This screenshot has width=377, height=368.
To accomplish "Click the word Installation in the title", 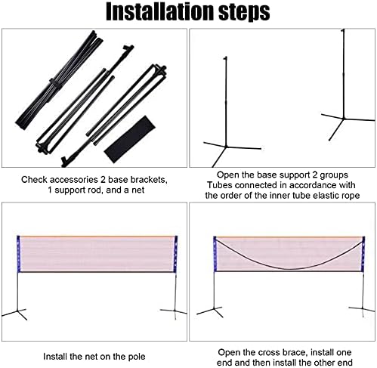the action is pyautogui.click(x=160, y=12).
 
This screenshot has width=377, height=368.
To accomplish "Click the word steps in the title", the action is pyautogui.click(x=245, y=13).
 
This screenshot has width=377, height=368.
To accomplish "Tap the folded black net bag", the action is pyautogui.click(x=130, y=139).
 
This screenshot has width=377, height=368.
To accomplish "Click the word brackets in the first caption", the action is pyautogui.click(x=149, y=180).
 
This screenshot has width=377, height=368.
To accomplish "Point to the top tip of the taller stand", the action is pyautogui.click(x=343, y=30).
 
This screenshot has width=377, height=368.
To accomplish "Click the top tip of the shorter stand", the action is pyautogui.click(x=225, y=58).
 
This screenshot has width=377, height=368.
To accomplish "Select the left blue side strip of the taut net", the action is pyautogui.click(x=18, y=254).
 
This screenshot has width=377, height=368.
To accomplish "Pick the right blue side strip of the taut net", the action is pyautogui.click(x=176, y=254).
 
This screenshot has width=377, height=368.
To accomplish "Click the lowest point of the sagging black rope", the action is pyautogui.click(x=289, y=269).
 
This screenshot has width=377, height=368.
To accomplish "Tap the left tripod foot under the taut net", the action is pyautogui.click(x=16, y=314).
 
